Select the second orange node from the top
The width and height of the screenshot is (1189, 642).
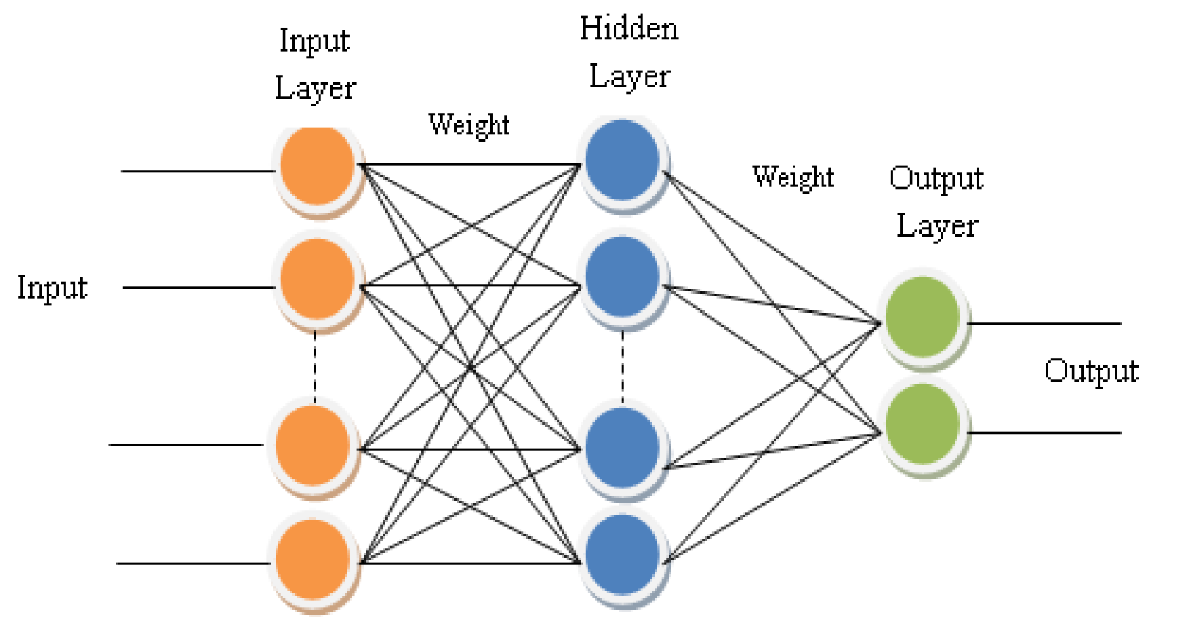pyautogui.click(x=317, y=278)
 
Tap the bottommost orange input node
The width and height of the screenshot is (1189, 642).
pyautogui.click(x=313, y=559)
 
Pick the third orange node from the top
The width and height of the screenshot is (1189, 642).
pyautogui.click(x=313, y=446)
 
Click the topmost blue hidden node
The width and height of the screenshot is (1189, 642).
pyautogui.click(x=622, y=160)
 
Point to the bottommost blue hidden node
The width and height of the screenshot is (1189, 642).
pyautogui.click(x=622, y=554)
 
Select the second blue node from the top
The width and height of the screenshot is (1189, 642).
pyautogui.click(x=622, y=276)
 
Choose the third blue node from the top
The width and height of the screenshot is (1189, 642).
pyautogui.click(x=622, y=447)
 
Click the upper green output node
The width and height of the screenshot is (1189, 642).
pyautogui.click(x=923, y=317)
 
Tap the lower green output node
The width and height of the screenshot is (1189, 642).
pyautogui.click(x=923, y=425)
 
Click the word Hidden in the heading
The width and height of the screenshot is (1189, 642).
pyautogui.click(x=629, y=29)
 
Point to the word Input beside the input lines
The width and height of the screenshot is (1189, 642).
pyautogui.click(x=52, y=288)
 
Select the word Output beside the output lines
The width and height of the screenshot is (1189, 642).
pyautogui.click(x=1091, y=371)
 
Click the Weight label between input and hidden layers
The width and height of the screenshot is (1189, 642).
pyautogui.click(x=469, y=126)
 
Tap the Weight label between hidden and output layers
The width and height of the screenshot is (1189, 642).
pyautogui.click(x=793, y=177)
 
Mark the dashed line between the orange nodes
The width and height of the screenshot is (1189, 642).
pyautogui.click(x=315, y=366)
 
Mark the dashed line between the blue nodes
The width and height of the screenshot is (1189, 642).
pyautogui.click(x=623, y=366)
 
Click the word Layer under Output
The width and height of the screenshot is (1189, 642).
pyautogui.click(x=938, y=226)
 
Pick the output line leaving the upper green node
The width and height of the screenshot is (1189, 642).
pyautogui.click(x=1044, y=324)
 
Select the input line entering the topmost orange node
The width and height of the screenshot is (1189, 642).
pyautogui.click(x=197, y=171)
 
